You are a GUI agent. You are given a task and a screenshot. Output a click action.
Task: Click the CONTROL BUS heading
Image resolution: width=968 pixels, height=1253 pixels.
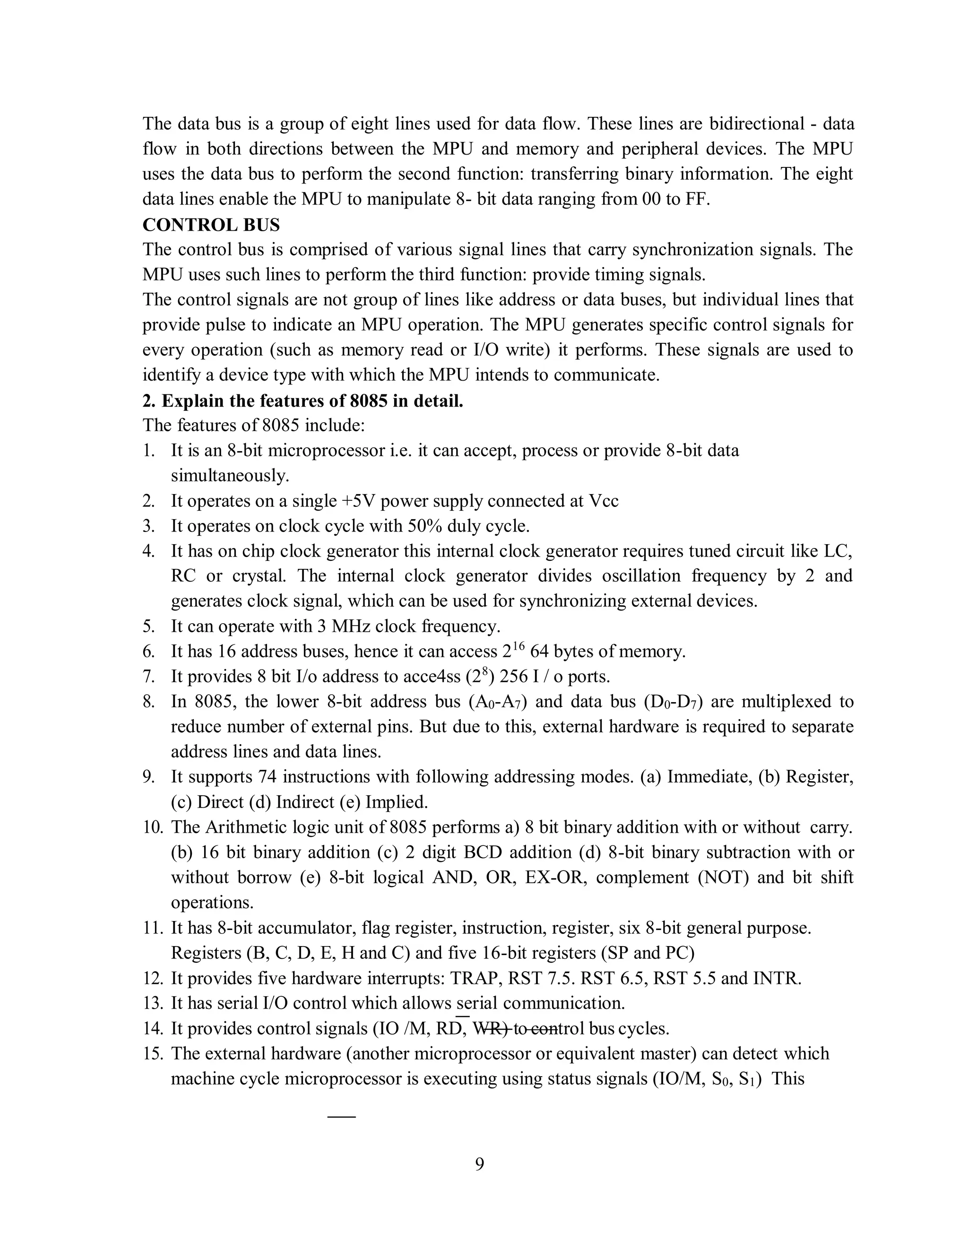(211, 225)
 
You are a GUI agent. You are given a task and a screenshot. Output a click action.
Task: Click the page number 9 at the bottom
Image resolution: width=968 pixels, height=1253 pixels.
(479, 1164)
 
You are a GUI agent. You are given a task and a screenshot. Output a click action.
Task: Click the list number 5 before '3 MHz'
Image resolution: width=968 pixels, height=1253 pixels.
(148, 626)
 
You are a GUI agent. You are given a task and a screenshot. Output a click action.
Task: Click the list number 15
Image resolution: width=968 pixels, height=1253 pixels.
(152, 1053)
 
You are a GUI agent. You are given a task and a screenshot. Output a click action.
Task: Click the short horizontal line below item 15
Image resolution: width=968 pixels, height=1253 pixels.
(341, 1116)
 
